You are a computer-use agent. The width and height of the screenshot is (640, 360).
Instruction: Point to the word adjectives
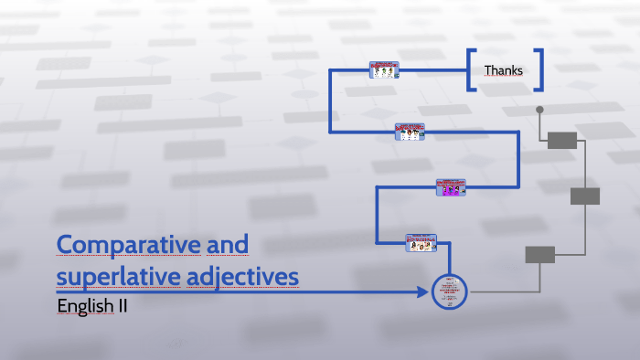(251, 275)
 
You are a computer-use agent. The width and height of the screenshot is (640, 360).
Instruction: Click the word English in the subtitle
(85, 306)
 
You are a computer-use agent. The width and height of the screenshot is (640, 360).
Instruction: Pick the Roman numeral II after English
(123, 306)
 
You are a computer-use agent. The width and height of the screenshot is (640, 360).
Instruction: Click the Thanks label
(504, 70)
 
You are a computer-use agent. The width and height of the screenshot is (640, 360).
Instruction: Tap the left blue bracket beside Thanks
(470, 70)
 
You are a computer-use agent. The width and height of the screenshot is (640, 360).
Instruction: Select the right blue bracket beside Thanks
(539, 70)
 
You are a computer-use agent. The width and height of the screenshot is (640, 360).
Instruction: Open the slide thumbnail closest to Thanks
(384, 70)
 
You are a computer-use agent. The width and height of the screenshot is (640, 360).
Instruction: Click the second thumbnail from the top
(410, 132)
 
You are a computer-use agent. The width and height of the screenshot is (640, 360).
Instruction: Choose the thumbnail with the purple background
(451, 186)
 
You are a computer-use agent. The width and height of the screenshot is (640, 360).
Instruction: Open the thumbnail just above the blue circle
(421, 242)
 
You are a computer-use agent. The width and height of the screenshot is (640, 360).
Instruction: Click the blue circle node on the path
(449, 291)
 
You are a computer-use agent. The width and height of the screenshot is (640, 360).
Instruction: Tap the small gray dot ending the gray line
(539, 110)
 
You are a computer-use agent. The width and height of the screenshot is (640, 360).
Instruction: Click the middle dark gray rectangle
(585, 196)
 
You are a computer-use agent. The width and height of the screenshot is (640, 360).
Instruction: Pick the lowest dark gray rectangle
(539, 254)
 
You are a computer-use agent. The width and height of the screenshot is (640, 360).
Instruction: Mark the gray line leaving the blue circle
(498, 292)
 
